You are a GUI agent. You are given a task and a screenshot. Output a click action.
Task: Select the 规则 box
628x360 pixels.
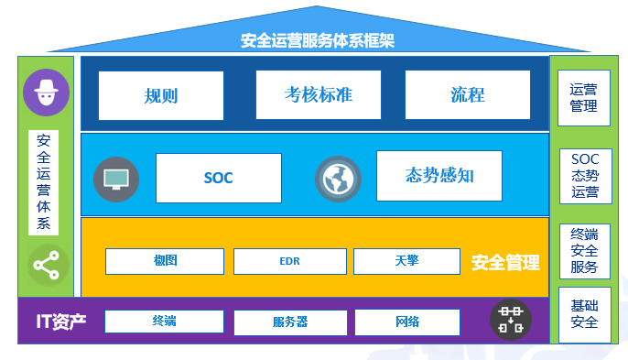pyautogui.click(x=160, y=95)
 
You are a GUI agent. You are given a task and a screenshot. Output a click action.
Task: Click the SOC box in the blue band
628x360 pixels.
pyautogui.click(x=218, y=178)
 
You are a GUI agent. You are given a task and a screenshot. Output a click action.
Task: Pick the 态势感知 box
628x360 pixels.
pyautogui.click(x=439, y=176)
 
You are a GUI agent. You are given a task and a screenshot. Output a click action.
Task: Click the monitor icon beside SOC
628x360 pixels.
pyautogui.click(x=116, y=179)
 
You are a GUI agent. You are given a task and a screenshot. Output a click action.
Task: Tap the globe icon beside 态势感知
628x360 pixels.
pyautogui.click(x=338, y=179)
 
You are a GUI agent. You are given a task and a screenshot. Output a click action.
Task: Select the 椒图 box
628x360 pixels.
pyautogui.click(x=166, y=261)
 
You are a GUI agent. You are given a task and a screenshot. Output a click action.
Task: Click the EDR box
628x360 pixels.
pyautogui.click(x=289, y=262)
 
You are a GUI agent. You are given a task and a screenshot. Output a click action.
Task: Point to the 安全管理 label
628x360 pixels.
pyautogui.click(x=505, y=264)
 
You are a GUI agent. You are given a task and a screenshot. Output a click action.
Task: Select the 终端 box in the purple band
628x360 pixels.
pyautogui.click(x=164, y=322)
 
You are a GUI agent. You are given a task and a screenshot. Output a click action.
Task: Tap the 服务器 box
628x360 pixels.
pyautogui.click(x=289, y=322)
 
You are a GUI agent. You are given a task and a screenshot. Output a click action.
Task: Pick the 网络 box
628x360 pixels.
pyautogui.click(x=406, y=322)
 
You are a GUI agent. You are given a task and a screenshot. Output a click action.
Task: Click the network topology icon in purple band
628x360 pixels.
pyautogui.click(x=510, y=319)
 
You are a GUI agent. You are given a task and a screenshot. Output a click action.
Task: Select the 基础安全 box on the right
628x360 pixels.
pyautogui.click(x=584, y=314)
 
